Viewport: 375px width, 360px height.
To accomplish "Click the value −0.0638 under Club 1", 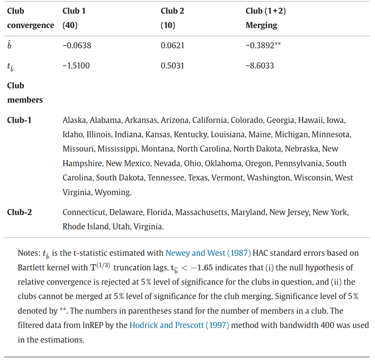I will pos(77,45).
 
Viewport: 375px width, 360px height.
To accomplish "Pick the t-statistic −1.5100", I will pos(77,66).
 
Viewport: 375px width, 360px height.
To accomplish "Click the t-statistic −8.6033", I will pos(260,66).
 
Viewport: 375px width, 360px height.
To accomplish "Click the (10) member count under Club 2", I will pos(168,25).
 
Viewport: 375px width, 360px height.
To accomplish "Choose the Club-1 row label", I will pos(19,120).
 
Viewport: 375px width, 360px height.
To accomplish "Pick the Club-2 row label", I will pos(19,212).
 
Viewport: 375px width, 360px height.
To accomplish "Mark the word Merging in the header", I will pos(261,25).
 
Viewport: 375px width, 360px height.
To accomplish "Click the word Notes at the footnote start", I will pos(28,253).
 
